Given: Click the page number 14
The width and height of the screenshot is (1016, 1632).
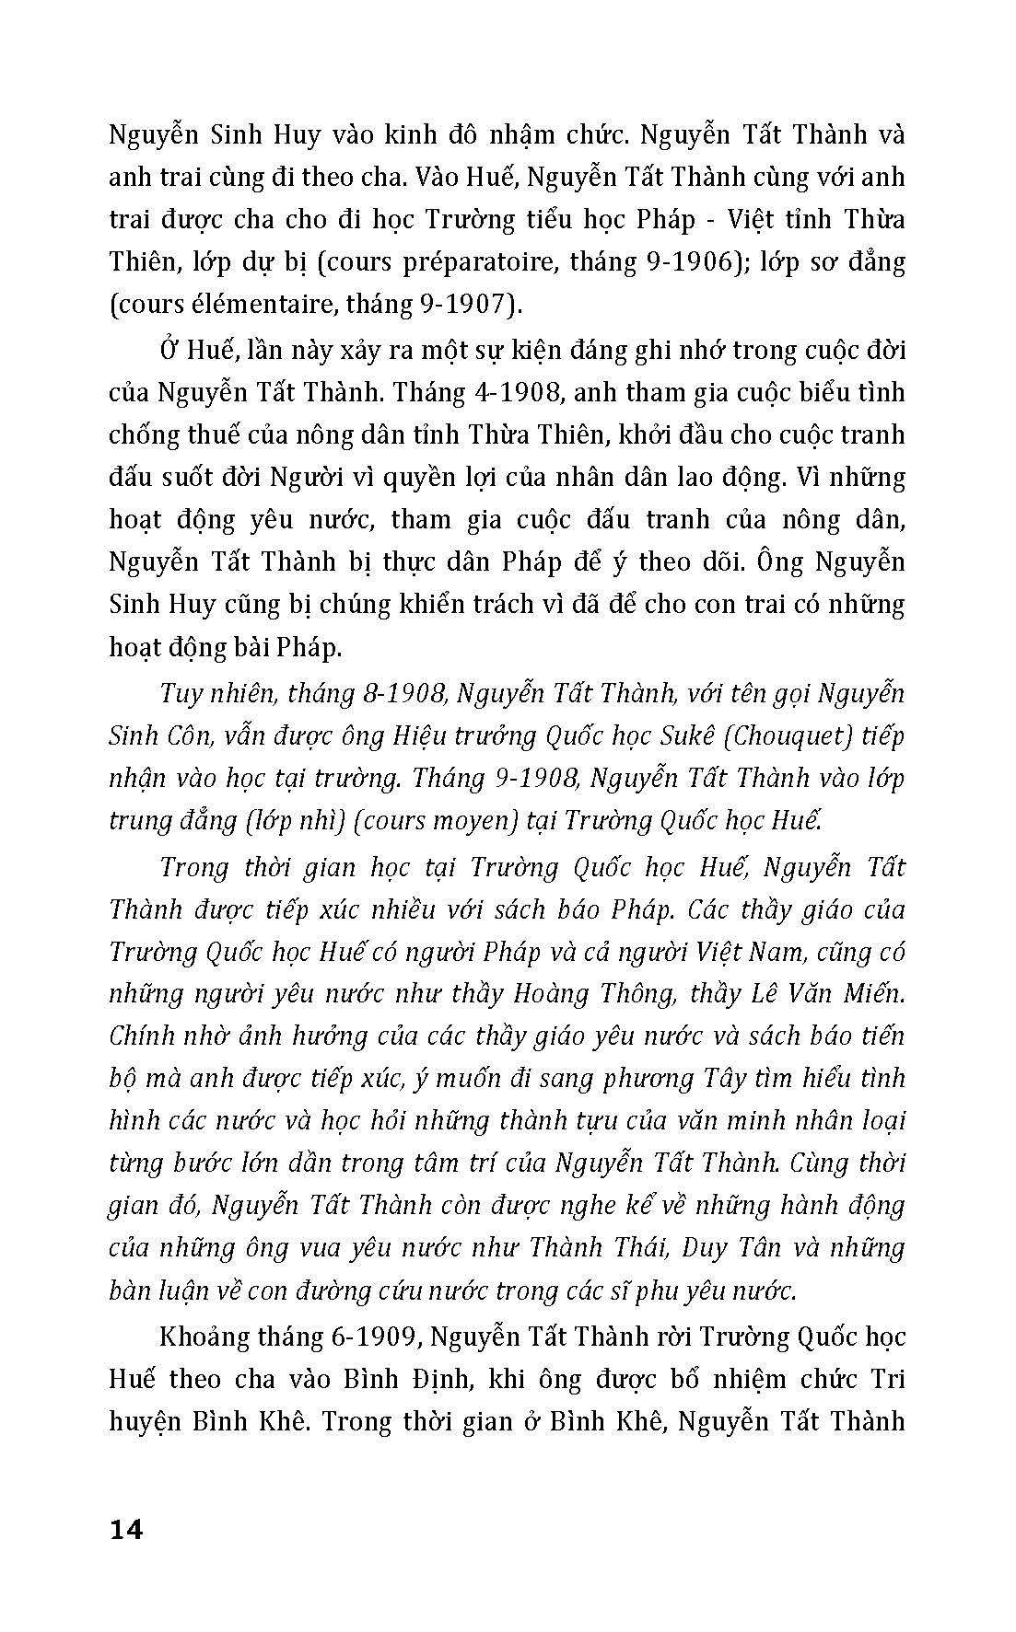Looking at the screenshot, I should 126,1531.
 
